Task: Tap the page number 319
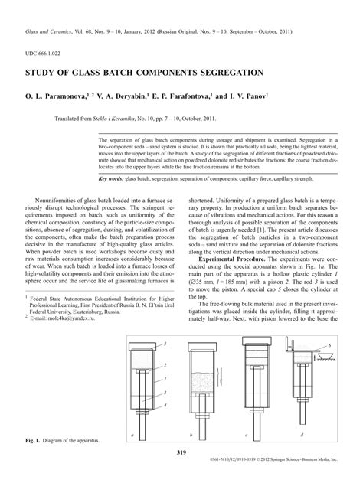(x=181, y=453)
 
